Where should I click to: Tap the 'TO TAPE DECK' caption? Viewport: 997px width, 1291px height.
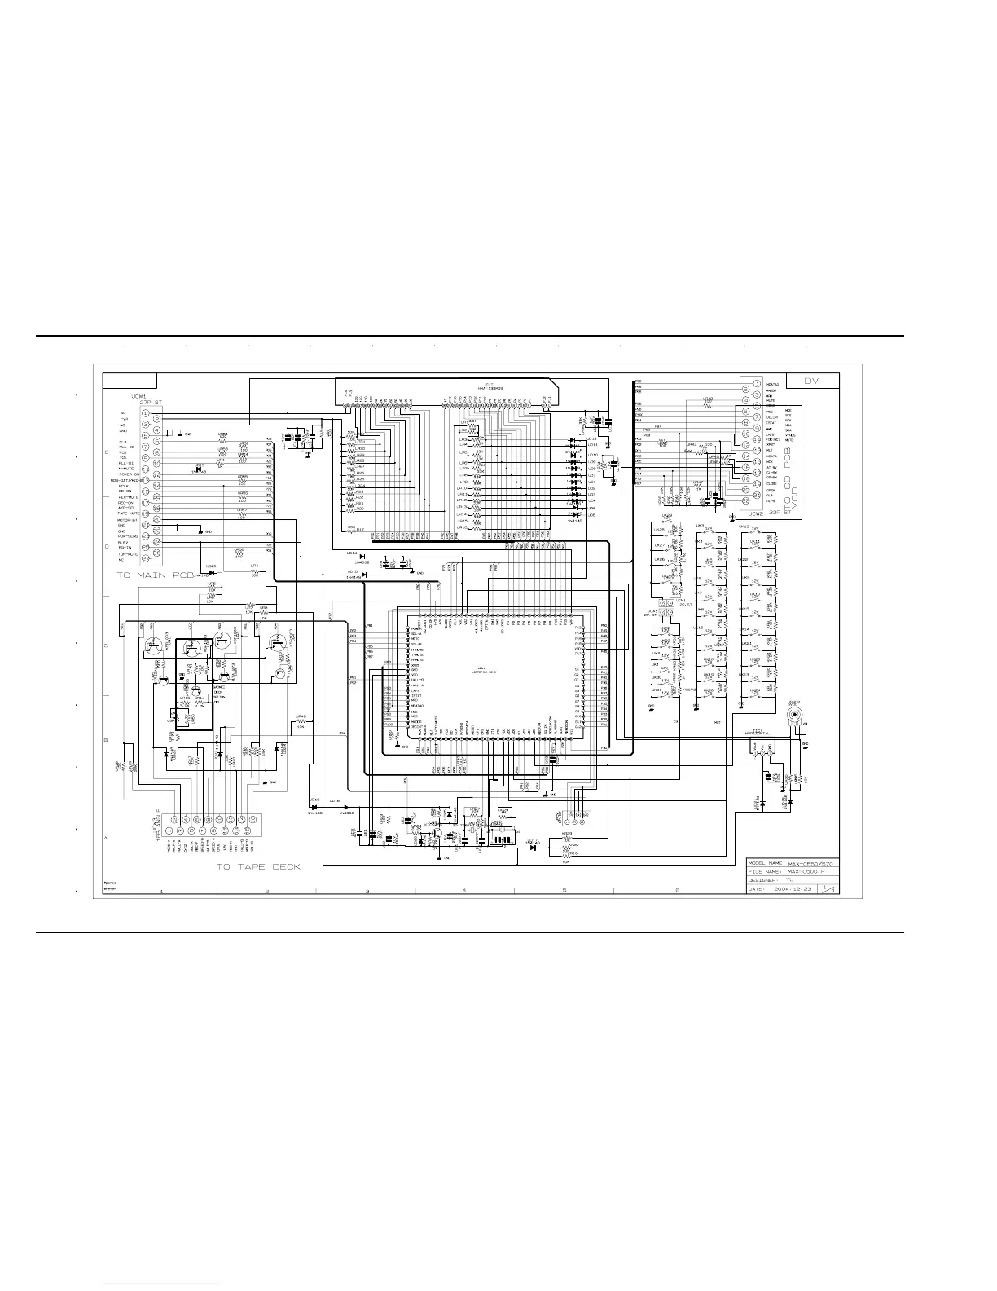(x=257, y=866)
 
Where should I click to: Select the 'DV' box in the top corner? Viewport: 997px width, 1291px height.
(x=811, y=381)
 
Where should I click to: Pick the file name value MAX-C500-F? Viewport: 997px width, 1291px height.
(x=804, y=872)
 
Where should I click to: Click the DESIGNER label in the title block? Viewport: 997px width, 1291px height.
(x=762, y=881)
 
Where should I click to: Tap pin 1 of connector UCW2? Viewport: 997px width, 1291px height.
(x=757, y=383)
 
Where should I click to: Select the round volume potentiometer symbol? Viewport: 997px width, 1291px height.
(x=793, y=718)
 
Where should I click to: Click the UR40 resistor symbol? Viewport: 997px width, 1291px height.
(x=301, y=722)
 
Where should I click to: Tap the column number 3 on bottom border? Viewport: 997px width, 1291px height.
(x=367, y=891)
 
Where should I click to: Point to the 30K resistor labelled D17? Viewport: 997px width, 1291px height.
(x=353, y=529)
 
